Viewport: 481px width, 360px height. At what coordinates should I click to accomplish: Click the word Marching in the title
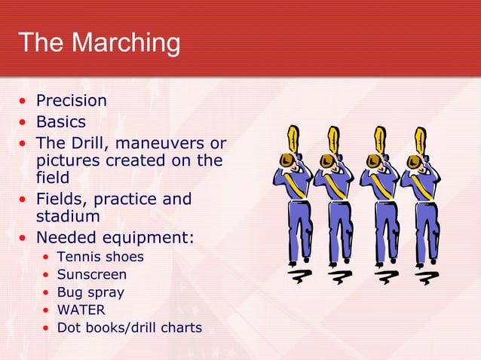pos(127,43)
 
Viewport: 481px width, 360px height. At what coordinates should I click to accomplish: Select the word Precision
pos(72,101)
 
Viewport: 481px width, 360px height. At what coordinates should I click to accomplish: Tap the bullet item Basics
pos(61,121)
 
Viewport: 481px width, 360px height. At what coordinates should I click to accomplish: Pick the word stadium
pos(68,217)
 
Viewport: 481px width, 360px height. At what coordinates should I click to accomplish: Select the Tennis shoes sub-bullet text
pos(100,257)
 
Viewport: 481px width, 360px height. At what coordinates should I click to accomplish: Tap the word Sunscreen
pos(92,275)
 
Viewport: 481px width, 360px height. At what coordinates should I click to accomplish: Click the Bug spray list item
pos(90,292)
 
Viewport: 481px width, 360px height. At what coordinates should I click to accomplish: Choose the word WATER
pos(81,310)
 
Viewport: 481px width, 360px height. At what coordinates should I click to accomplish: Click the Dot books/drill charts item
pos(130,328)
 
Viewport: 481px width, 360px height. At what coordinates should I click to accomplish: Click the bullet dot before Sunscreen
pos(47,275)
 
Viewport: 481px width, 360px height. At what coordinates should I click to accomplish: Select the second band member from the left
pos(332,203)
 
